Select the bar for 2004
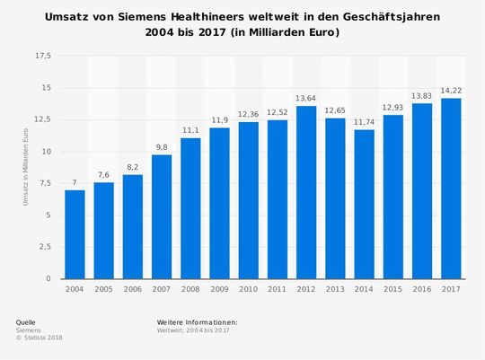pos(75,234)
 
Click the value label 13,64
pos(306,98)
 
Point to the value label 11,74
pos(364,122)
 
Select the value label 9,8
pos(162,147)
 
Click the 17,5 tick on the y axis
pos(43,56)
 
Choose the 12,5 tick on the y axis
pos(43,119)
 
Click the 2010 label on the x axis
pos(249,290)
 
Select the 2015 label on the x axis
pos(393,290)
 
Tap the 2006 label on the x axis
pos(133,290)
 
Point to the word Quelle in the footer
pos(27,321)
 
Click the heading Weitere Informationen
pos(197,321)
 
